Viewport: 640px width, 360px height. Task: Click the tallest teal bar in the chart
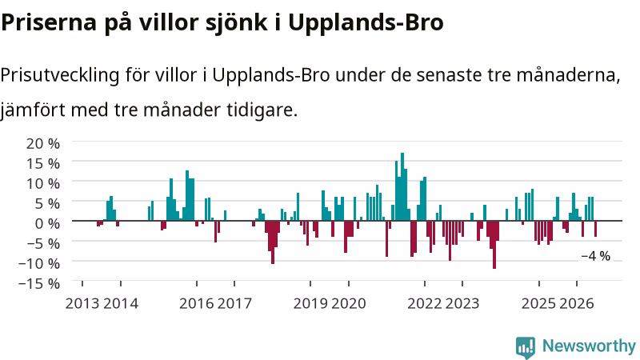click(402, 186)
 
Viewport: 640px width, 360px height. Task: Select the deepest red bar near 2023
click(494, 245)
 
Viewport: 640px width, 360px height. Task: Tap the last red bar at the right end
click(595, 229)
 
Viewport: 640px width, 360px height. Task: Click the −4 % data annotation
click(595, 256)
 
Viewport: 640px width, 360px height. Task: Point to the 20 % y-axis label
click(43, 143)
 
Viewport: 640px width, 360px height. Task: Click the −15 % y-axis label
click(39, 283)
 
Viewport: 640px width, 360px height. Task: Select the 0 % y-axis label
click(47, 223)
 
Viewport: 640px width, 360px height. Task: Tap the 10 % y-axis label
click(43, 183)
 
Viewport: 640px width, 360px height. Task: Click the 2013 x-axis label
click(82, 303)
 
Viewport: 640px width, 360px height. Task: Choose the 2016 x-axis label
click(196, 303)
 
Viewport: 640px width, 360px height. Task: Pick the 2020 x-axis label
click(349, 303)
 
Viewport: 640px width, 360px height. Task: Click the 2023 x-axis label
click(462, 303)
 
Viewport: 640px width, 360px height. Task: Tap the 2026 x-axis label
click(576, 303)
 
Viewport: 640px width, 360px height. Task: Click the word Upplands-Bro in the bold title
click(366, 23)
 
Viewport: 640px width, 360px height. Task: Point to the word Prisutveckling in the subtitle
click(60, 75)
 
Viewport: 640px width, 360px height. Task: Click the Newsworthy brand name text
click(589, 346)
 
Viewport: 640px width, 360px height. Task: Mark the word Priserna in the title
click(49, 23)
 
